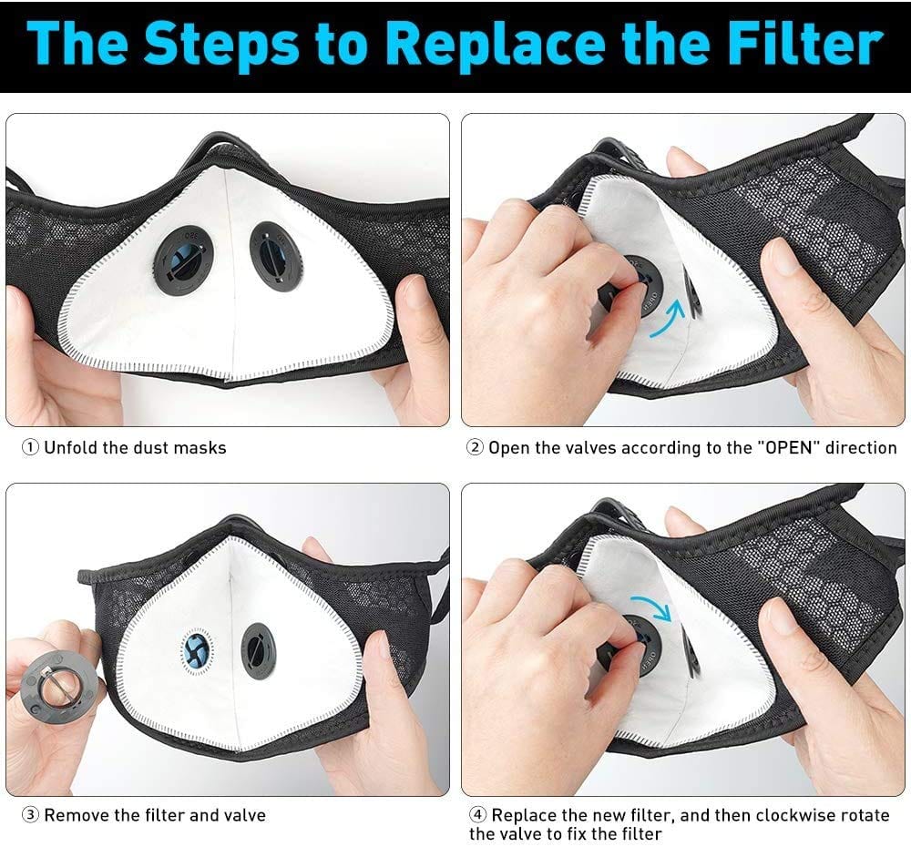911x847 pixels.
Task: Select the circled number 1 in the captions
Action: pos(31,447)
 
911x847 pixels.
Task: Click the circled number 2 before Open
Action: pos(475,447)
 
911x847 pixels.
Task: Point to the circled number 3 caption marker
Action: pos(31,815)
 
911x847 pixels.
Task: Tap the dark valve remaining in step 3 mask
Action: pos(259,649)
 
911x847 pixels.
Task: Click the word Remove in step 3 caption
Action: pos(73,815)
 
